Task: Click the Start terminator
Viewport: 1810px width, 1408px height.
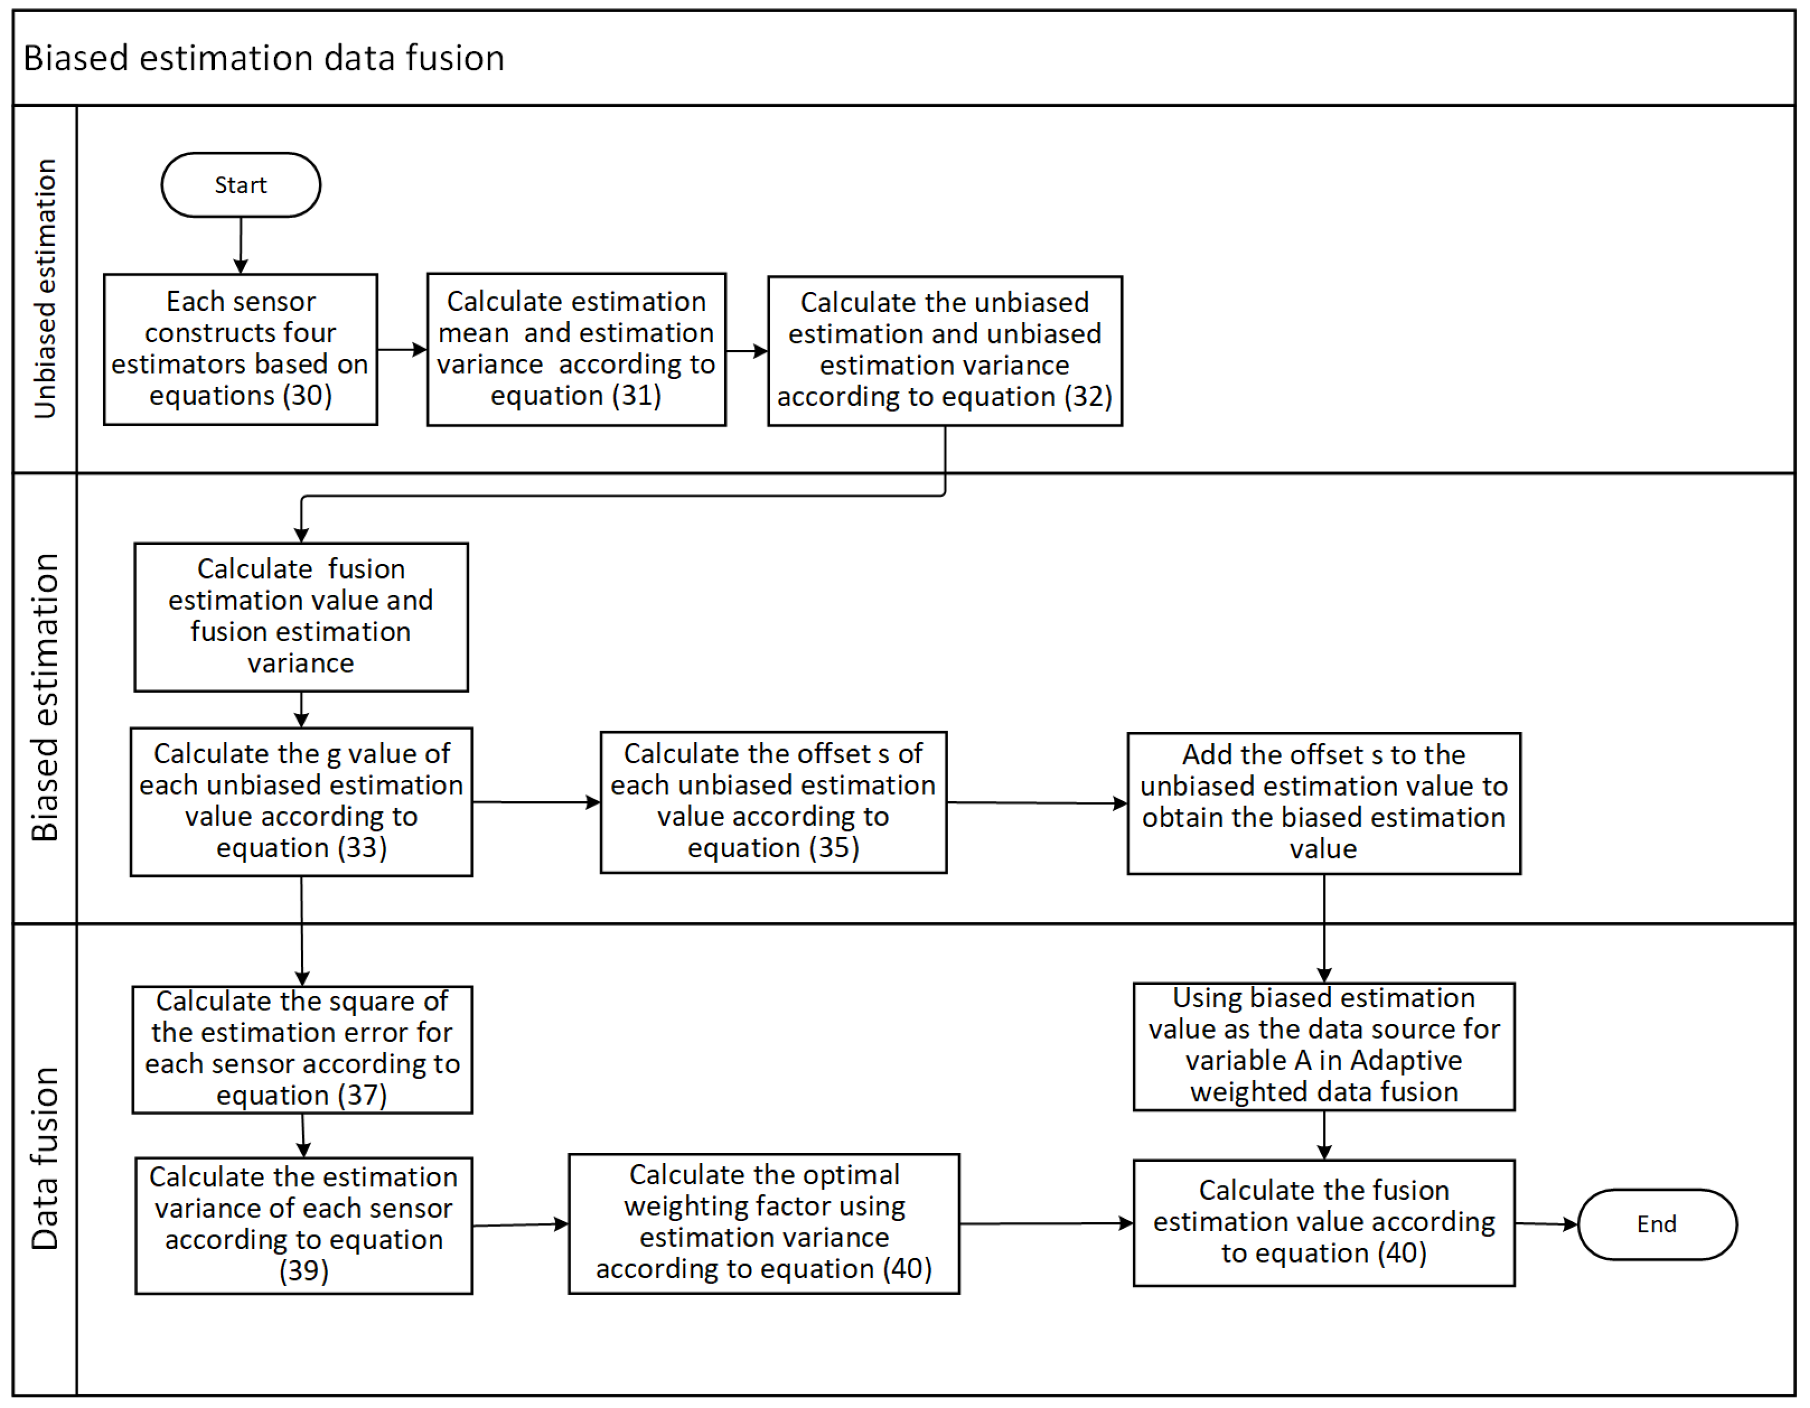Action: (240, 185)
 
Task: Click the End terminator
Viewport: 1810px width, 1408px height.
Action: (1656, 1224)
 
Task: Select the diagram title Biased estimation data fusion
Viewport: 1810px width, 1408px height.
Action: (264, 58)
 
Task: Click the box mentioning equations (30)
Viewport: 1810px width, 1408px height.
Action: (240, 349)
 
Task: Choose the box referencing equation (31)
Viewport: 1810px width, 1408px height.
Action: (576, 349)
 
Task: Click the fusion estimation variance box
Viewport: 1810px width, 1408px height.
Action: (301, 616)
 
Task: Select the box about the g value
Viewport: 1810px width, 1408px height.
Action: (301, 801)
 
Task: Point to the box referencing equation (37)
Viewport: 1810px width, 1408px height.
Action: (302, 1048)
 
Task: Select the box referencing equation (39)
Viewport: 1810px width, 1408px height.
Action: (303, 1224)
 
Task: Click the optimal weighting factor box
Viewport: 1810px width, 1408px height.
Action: (763, 1222)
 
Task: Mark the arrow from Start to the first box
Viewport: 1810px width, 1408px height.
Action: (240, 245)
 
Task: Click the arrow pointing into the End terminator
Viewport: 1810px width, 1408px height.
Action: (1546, 1223)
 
